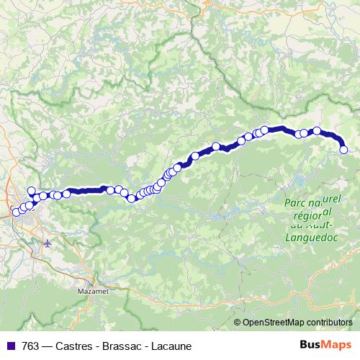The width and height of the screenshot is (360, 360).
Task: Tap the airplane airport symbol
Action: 48,243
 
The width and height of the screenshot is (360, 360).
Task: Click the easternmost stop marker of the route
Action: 343,150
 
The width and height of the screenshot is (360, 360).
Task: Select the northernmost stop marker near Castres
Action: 31,191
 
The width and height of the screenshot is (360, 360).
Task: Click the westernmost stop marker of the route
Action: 16,212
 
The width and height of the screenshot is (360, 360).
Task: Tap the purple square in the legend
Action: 10,346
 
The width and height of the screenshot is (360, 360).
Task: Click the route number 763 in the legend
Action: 31,346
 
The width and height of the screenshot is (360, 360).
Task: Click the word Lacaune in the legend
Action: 174,346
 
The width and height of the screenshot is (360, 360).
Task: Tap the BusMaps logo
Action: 325,345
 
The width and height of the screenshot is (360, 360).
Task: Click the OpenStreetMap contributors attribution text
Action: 297,323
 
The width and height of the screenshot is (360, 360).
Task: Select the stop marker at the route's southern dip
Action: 131,199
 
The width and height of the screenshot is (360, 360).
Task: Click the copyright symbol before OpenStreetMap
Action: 238,323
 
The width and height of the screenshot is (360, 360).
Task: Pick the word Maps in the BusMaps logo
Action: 338,345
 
